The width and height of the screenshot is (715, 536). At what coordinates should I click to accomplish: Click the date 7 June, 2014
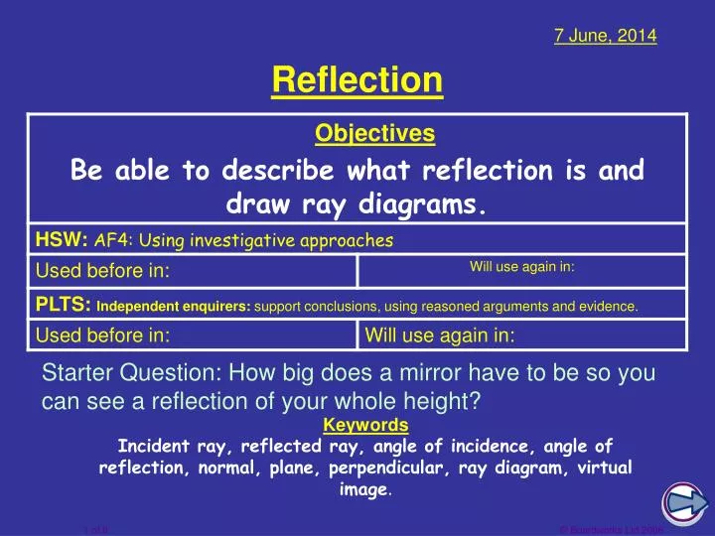tap(605, 36)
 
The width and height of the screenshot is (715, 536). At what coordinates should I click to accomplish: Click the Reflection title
tap(357, 79)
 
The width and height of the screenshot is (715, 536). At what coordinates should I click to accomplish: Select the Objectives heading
tap(374, 133)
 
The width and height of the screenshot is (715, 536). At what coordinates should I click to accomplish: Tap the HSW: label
tap(63, 239)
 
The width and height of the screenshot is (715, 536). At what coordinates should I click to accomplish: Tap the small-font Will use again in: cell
tap(522, 266)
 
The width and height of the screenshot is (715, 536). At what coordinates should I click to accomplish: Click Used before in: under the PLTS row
tap(103, 335)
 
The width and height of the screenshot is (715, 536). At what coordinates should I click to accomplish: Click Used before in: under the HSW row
tap(103, 271)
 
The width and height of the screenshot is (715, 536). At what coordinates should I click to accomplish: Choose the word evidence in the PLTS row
tap(607, 307)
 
